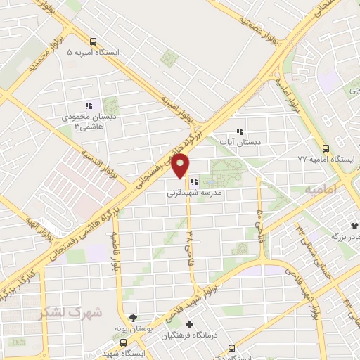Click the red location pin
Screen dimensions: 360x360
(x=181, y=167)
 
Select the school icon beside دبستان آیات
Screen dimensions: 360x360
(x=239, y=131)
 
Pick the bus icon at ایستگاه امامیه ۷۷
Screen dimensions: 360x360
(x=325, y=148)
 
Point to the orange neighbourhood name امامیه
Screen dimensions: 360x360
(x=321, y=190)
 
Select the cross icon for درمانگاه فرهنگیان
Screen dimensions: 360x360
(x=188, y=324)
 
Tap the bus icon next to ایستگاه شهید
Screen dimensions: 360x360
(x=123, y=343)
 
